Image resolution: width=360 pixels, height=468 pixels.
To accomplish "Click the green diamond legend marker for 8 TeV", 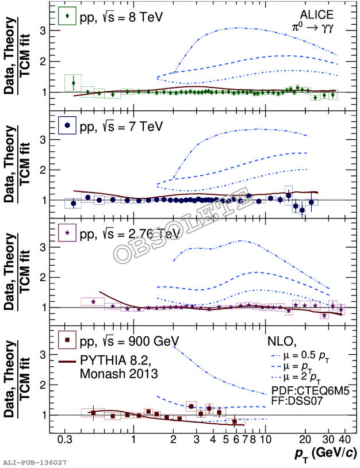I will (x=68, y=17).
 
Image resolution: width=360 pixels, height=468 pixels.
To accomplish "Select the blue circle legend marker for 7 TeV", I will (x=68, y=125).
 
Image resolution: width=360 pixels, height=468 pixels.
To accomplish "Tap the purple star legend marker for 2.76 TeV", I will (x=68, y=233).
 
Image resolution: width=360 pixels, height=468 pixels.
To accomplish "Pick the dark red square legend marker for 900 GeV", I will (x=68, y=341).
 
